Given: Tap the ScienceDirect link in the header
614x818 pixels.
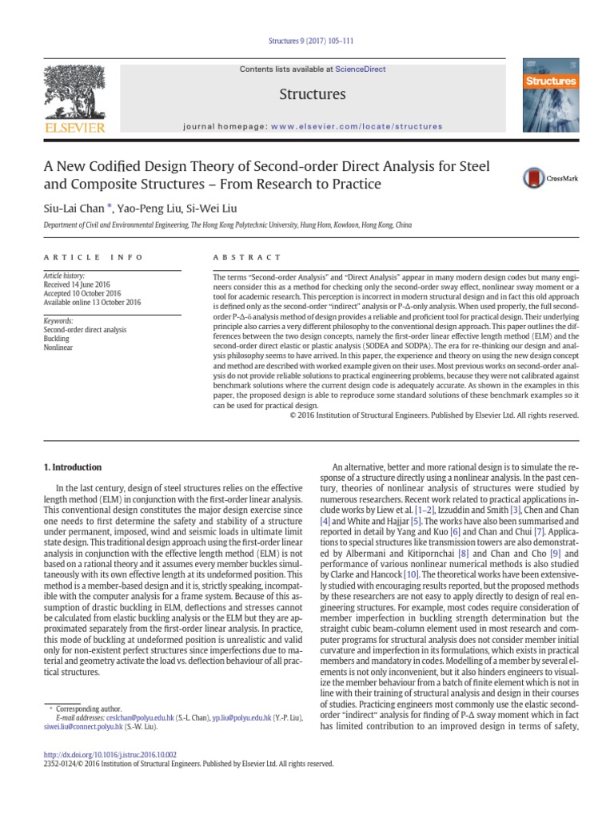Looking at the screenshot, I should tap(360, 69).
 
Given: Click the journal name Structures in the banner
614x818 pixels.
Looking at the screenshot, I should tap(312, 94).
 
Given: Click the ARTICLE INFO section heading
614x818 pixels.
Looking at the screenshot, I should tap(93, 257).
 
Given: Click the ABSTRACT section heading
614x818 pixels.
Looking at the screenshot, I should tap(246, 257).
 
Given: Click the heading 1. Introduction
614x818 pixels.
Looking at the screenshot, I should tap(72, 467).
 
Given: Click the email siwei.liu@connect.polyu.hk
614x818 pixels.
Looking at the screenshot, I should tap(82, 728).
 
